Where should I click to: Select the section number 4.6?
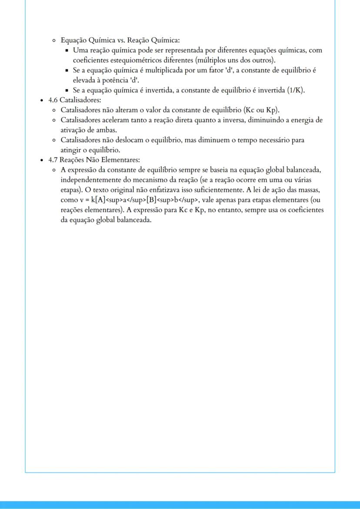(53, 100)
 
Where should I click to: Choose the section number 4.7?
(53, 160)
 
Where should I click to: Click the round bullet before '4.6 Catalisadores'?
(41, 100)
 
